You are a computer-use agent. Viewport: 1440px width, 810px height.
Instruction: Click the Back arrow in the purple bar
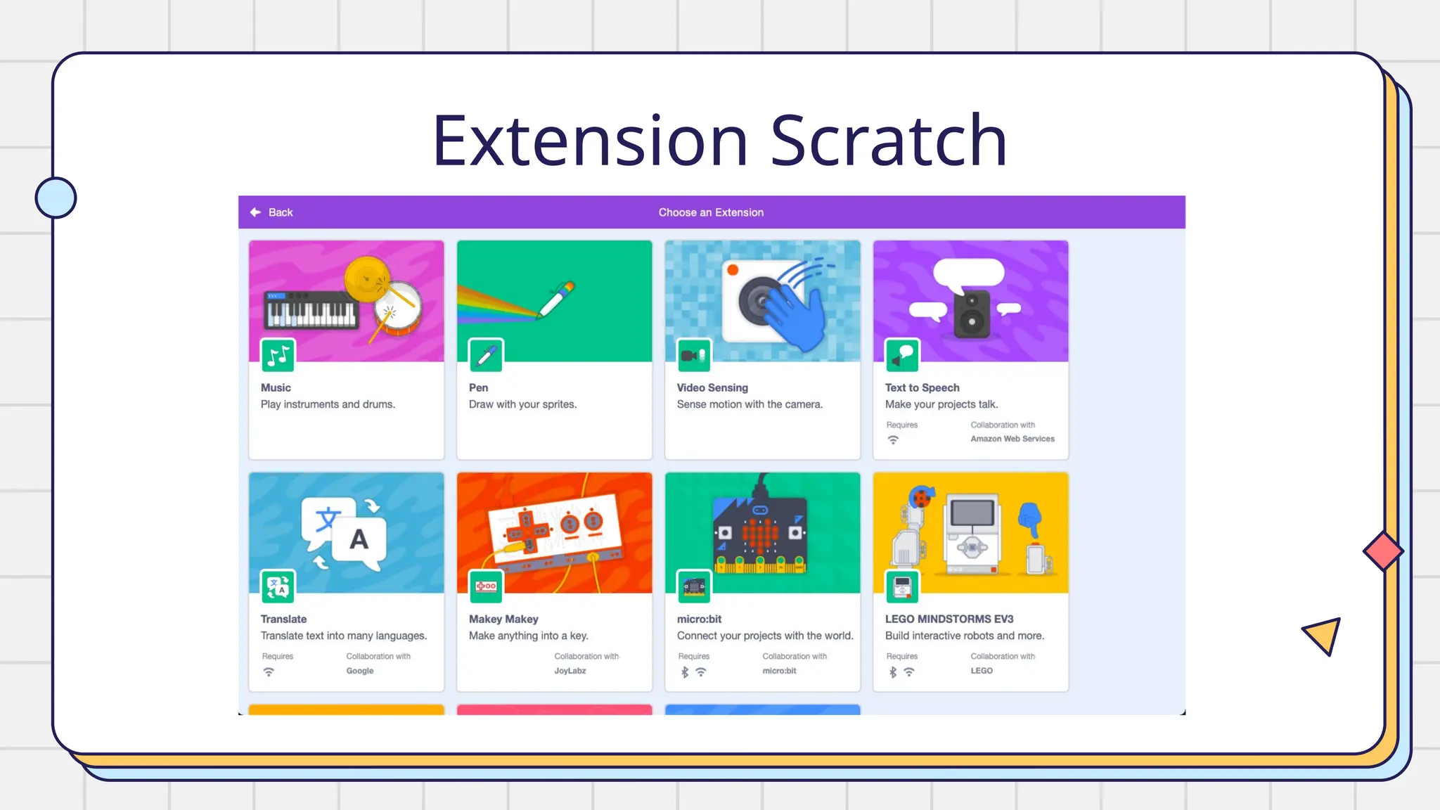pyautogui.click(x=256, y=212)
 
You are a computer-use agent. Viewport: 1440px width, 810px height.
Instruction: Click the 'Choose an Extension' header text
pyautogui.click(x=711, y=212)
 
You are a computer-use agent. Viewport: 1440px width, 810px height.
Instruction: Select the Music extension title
pyautogui.click(x=276, y=387)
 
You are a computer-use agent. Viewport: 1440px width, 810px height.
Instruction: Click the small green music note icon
pyautogui.click(x=278, y=356)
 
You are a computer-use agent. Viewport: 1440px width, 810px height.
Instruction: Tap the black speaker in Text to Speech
pyautogui.click(x=972, y=314)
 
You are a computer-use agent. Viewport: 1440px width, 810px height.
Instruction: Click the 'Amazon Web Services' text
pyautogui.click(x=1012, y=439)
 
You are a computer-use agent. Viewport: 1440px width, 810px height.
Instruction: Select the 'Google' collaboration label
pyautogui.click(x=360, y=671)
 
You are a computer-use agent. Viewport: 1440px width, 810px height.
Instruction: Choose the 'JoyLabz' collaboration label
pyautogui.click(x=570, y=671)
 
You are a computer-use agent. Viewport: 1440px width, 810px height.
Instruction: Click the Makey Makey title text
pyautogui.click(x=503, y=619)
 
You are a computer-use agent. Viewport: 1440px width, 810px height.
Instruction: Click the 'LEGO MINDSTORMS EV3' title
pyautogui.click(x=949, y=619)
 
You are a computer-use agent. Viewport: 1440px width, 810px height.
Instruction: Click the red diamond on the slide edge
pyautogui.click(x=1383, y=551)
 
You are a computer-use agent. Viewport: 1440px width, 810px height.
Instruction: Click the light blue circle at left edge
pyautogui.click(x=56, y=198)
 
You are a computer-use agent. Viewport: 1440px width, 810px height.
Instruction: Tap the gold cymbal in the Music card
pyautogui.click(x=366, y=278)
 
